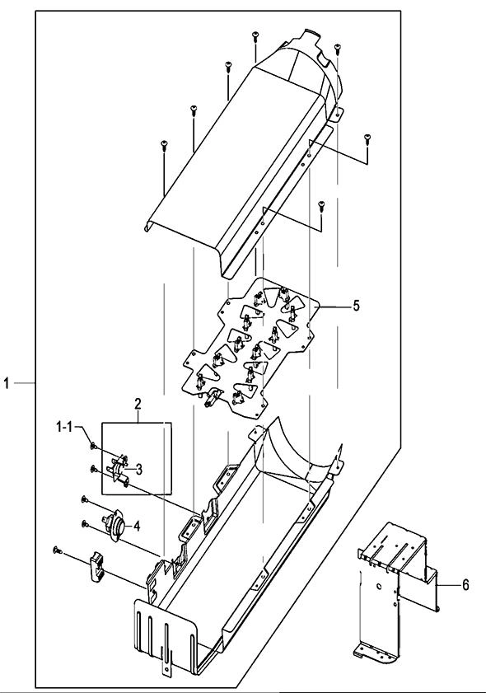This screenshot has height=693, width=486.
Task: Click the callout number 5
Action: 356,306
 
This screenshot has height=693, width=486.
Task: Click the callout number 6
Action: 465,585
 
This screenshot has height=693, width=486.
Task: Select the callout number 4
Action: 137,526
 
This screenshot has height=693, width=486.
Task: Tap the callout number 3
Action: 138,470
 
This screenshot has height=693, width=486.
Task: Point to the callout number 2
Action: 138,404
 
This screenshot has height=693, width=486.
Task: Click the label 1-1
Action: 65,427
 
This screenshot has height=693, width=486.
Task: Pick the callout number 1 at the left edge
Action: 7,382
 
